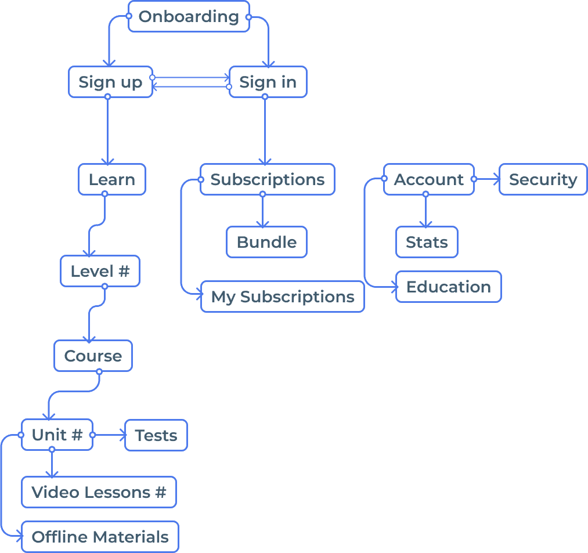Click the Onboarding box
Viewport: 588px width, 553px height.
(x=189, y=16)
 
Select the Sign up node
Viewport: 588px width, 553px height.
(x=110, y=82)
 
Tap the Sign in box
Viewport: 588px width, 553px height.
(x=268, y=82)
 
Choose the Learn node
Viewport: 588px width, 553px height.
(x=112, y=179)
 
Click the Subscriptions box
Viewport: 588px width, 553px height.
(x=268, y=179)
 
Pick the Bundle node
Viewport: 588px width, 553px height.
(x=266, y=242)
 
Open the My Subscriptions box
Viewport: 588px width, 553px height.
(x=283, y=297)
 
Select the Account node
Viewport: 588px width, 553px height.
(x=428, y=179)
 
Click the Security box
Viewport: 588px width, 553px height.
(x=543, y=179)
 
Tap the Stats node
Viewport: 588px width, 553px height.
(x=427, y=242)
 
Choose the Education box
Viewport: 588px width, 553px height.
(x=448, y=287)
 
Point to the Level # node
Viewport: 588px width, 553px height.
(x=100, y=271)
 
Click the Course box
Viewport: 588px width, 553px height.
(x=93, y=356)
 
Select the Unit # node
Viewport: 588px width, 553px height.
(x=57, y=435)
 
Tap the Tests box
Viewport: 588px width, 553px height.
(x=156, y=435)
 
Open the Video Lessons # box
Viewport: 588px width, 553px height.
(x=99, y=492)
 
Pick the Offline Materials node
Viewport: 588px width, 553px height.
(x=100, y=537)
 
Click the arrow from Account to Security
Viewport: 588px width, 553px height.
(x=486, y=179)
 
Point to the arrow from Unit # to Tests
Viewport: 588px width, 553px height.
(x=109, y=435)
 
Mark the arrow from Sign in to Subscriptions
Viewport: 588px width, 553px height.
(x=265, y=131)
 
